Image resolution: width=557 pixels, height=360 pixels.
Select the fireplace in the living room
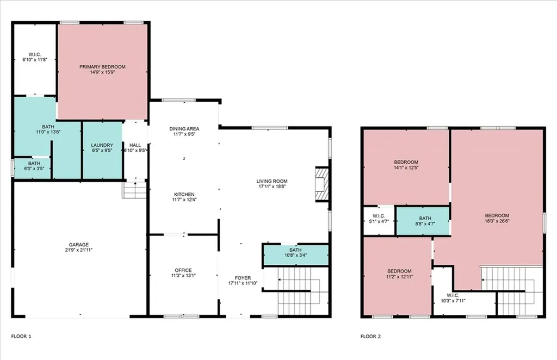tap(322, 184)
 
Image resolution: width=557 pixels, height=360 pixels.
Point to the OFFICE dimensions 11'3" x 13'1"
tap(183, 276)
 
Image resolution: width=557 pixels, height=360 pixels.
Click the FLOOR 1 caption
tap(21, 336)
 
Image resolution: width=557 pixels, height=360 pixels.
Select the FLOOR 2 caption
tap(370, 336)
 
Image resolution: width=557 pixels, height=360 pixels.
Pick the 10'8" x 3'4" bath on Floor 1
tap(295, 252)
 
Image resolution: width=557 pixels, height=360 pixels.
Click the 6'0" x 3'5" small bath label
tap(34, 166)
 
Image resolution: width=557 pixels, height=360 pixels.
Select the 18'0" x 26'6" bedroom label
tap(497, 218)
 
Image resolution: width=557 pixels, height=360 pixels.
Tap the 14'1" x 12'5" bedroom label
tap(406, 165)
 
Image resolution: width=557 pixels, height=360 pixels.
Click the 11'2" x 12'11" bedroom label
tap(399, 274)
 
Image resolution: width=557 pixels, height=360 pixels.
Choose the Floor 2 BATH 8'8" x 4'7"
tap(425, 221)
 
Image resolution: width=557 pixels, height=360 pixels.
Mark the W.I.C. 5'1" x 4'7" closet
tap(379, 219)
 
